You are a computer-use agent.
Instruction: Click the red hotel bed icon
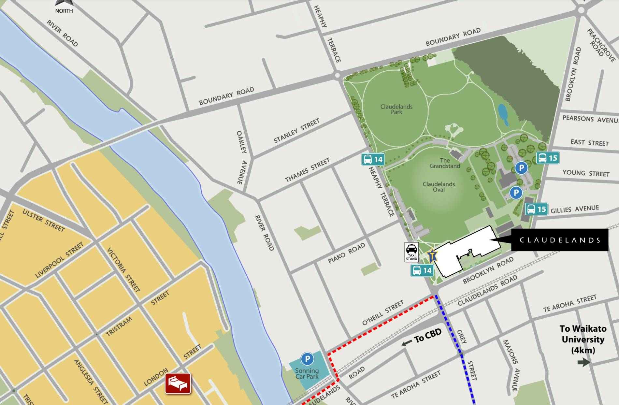point(178,383)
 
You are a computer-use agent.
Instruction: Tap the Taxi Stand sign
point(411,252)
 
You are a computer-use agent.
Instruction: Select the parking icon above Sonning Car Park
point(307,359)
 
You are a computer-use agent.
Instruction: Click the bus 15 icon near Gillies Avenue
point(536,209)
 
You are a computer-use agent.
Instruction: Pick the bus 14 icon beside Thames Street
point(373,159)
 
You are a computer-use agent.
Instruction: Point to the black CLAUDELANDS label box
point(559,240)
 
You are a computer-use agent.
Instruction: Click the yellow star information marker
point(432,255)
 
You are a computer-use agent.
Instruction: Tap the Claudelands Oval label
point(439,187)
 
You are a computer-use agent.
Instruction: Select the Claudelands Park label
point(396,109)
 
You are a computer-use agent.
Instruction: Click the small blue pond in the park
point(503,114)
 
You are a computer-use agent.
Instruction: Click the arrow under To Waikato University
point(584,362)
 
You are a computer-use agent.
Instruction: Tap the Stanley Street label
point(296,131)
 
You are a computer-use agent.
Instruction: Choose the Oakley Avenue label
point(241,157)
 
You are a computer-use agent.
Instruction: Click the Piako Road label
point(346,253)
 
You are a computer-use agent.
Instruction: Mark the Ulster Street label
point(43,221)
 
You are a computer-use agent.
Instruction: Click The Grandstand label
point(445,163)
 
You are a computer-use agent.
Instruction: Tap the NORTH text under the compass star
point(64,11)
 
